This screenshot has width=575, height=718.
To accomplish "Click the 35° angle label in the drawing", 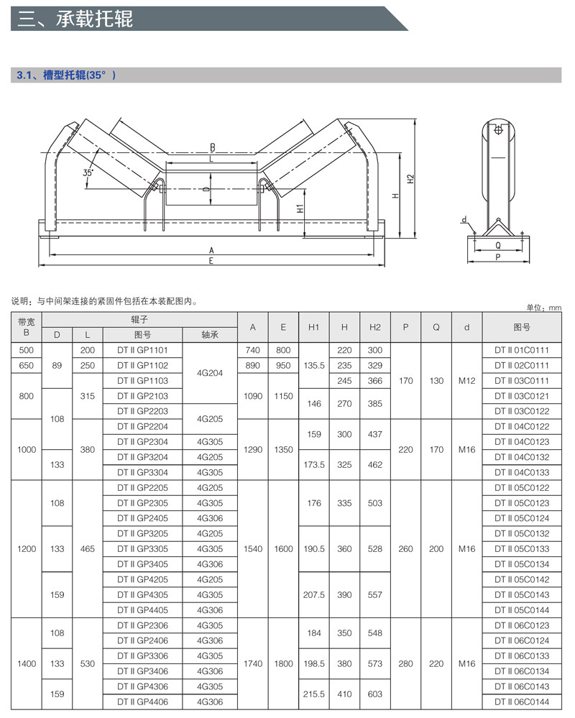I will click(88, 173).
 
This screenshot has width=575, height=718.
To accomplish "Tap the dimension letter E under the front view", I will click(211, 261).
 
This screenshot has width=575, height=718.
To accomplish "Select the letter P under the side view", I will click(497, 257).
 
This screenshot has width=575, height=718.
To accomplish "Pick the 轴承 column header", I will click(210, 334).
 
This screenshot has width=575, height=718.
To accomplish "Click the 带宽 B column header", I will click(27, 327).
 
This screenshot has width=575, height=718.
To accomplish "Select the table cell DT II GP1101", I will click(142, 350).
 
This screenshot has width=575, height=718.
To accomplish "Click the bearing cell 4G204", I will click(210, 372).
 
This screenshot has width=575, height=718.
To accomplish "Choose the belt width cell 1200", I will click(27, 549).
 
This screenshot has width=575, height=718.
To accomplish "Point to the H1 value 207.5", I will click(314, 595).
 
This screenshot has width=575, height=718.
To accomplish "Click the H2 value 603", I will click(374, 694).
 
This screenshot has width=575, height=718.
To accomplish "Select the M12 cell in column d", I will click(466, 381).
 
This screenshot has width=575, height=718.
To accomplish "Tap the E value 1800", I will click(283, 663).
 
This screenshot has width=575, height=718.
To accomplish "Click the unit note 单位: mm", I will click(543, 308).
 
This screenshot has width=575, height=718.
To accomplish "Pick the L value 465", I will click(88, 549).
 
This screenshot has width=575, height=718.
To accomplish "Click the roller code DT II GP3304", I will click(142, 472).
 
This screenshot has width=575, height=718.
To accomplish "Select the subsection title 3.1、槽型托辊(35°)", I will click(66, 75).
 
